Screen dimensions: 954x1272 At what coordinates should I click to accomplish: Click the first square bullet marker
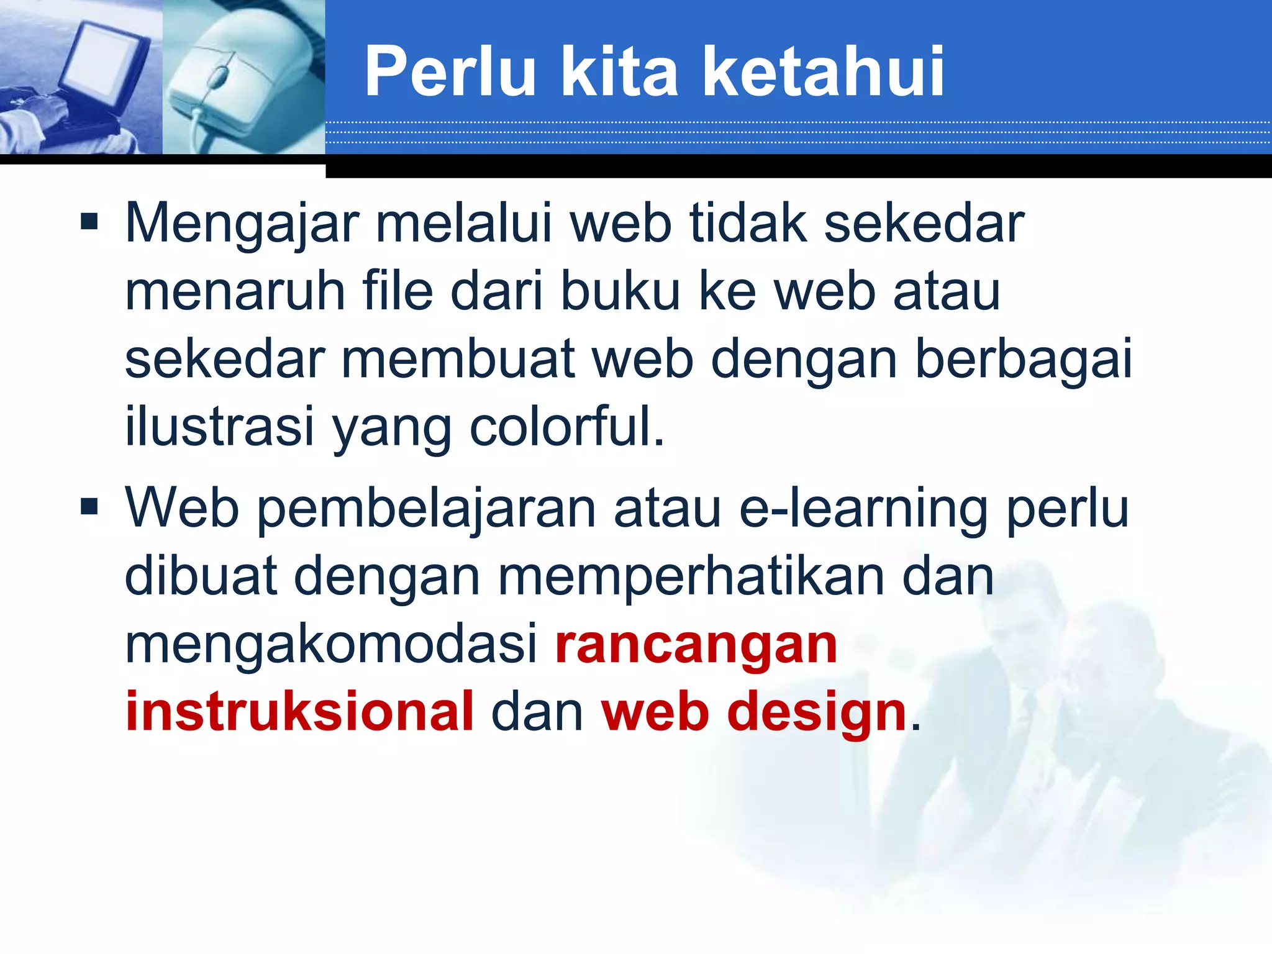(89, 222)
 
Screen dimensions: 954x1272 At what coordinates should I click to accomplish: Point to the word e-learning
(863, 509)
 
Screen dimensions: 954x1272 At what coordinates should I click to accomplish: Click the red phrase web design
(754, 712)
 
